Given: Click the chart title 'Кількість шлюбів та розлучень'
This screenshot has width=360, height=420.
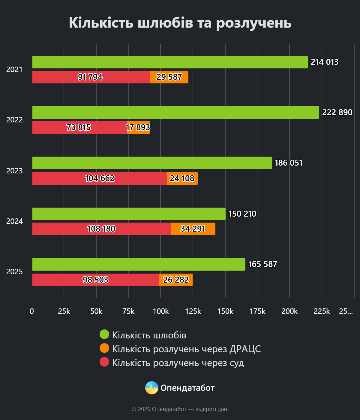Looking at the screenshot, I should pos(180,23).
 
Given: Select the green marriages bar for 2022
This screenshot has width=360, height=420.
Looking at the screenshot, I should pos(175,112).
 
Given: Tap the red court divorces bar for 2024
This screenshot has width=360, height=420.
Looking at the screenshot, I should pos(101,229).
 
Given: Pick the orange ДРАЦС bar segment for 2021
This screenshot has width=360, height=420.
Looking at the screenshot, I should pos(169,77).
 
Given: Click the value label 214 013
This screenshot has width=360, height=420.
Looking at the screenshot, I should pos(324,62).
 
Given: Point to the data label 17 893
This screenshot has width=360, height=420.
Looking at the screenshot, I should pos(138,127).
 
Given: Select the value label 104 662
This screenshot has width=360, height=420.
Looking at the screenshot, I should pos(100,178).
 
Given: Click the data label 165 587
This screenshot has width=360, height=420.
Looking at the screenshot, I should pos(262,264).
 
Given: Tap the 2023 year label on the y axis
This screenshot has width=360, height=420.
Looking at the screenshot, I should pos(14,171).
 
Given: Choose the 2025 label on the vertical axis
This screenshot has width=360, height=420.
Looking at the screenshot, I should pos(14,271).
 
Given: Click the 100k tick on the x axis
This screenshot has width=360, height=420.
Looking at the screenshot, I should pos(161,311).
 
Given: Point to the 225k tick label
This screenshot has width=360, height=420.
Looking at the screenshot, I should pos(322,311).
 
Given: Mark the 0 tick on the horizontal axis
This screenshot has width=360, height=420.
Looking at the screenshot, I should pos(32,311).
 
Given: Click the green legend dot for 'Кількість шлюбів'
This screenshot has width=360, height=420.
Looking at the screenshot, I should pos(104,334).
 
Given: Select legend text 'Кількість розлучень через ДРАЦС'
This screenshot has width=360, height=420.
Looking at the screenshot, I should pos(186,349).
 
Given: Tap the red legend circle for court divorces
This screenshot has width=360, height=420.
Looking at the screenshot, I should pos(104,362).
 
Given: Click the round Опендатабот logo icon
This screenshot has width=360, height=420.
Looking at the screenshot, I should pos(152,388).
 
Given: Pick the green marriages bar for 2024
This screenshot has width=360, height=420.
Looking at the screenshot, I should pos(129,214).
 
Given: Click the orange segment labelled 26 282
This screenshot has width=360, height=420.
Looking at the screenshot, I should pos(176,280).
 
